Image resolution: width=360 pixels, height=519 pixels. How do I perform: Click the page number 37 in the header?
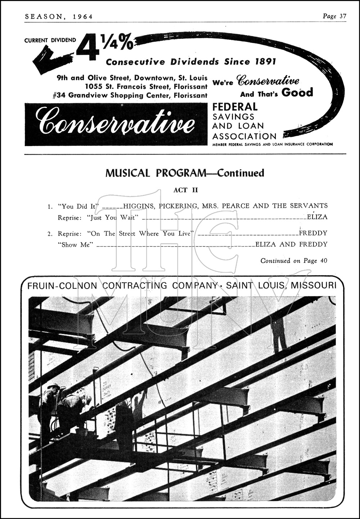(x=342, y=16)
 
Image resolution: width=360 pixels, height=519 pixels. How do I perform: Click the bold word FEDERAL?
(x=235, y=107)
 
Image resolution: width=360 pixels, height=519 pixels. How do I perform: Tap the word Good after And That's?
(x=297, y=93)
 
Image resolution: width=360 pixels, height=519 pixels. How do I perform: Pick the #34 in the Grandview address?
(x=59, y=95)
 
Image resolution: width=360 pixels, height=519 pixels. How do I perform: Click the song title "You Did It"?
(x=78, y=206)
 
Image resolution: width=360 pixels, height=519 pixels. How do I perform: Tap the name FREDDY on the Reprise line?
(x=313, y=233)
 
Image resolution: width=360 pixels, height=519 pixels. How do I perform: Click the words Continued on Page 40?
(x=294, y=261)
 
